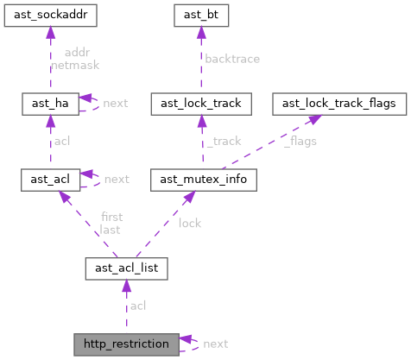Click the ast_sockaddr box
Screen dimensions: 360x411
point(49,15)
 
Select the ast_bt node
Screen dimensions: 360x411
point(201,15)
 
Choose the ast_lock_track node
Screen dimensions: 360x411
point(201,103)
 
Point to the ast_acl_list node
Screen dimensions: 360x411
point(126,268)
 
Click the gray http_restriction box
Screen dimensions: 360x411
point(126,343)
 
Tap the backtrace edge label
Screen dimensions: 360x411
point(231,59)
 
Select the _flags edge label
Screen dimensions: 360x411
point(293,142)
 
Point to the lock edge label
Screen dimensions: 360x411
point(189,223)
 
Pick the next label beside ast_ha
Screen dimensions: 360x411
point(116,103)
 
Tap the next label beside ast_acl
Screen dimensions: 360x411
point(116,179)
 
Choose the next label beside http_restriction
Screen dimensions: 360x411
point(216,344)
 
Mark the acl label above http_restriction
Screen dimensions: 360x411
point(137,306)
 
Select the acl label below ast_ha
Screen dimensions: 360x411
point(62,141)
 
